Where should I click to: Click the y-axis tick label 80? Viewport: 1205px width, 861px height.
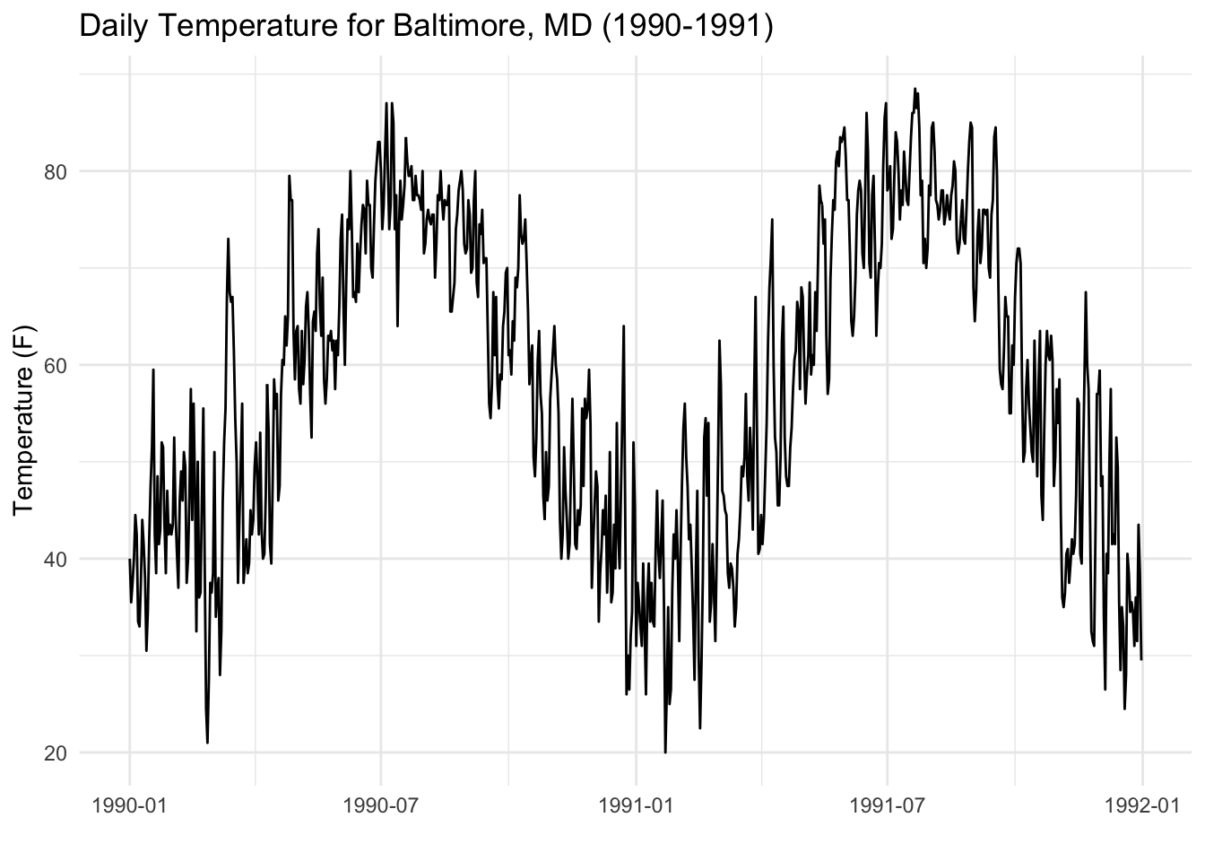point(56,171)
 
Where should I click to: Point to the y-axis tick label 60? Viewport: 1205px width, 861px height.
point(56,365)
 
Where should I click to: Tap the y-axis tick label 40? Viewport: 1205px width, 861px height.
point(56,559)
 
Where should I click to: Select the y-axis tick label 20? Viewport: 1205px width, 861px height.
point(56,752)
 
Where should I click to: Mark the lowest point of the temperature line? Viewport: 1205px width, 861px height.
point(665,752)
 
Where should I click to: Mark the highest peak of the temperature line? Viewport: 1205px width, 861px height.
point(915,88)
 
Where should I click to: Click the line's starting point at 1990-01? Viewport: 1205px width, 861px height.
point(129,560)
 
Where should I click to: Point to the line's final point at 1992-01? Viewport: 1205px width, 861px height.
point(1141,659)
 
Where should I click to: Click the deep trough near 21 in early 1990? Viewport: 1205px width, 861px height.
point(207,743)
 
